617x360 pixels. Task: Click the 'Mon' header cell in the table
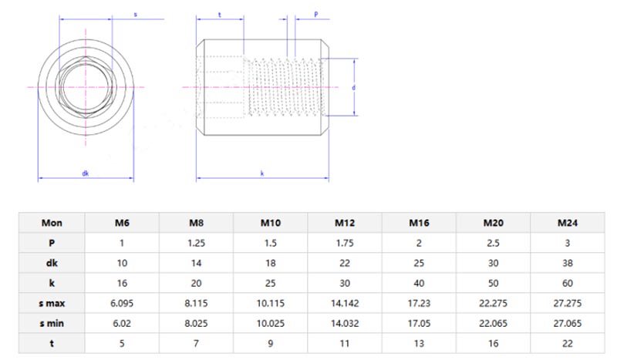(x=52, y=223)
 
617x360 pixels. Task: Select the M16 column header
(x=419, y=223)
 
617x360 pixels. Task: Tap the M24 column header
(x=568, y=223)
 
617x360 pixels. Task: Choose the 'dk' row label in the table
(x=52, y=263)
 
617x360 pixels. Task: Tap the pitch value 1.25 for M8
(x=196, y=243)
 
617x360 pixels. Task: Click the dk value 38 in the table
(x=568, y=263)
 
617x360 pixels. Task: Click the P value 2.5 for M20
(x=494, y=243)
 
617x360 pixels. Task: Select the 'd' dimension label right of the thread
(x=352, y=88)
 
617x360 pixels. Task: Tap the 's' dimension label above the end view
(x=136, y=14)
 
